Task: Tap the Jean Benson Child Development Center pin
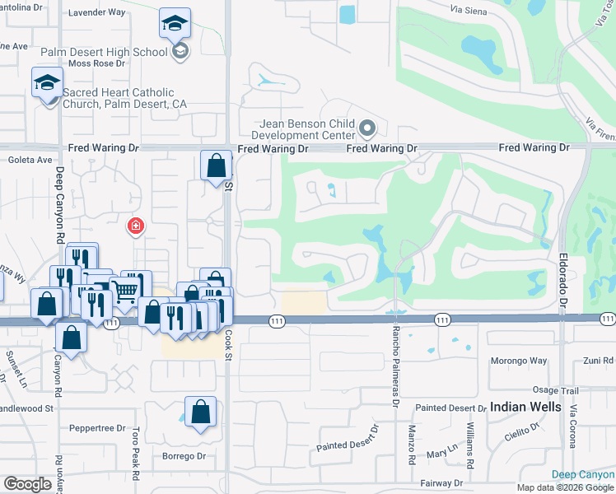[367, 129]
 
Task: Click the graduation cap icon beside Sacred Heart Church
[48, 83]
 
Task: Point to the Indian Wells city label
[525, 407]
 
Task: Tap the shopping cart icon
[124, 291]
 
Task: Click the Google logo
[27, 484]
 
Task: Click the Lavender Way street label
[96, 12]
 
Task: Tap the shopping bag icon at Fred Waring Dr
[216, 165]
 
